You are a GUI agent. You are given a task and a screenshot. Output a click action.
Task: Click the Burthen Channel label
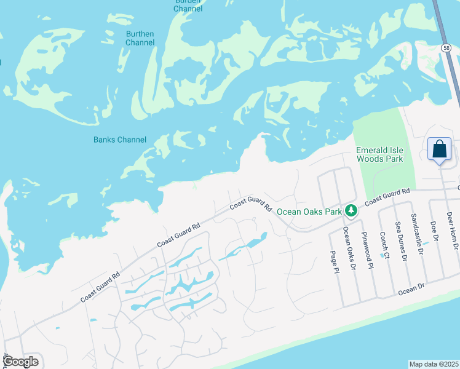coord(140,38)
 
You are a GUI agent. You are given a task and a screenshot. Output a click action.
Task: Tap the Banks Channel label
coord(120,140)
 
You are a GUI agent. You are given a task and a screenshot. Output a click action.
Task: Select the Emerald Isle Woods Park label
coord(379,154)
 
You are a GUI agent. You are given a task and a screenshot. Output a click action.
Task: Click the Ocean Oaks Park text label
coord(309,212)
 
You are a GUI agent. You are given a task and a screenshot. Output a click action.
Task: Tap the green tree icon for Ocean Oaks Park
coord(351,211)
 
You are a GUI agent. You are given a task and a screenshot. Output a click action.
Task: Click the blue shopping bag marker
coord(439,150)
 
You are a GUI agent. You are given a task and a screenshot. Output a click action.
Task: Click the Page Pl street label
coord(334,261)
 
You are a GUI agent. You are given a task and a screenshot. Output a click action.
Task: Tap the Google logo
coord(21,362)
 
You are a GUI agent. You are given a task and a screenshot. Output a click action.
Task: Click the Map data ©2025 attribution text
coord(434,364)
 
